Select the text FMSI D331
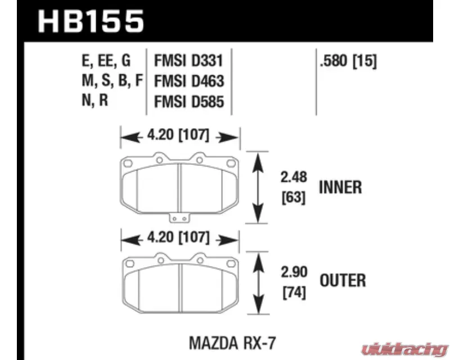pos(188,60)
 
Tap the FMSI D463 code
pos(188,82)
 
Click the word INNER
pos(340,187)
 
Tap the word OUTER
pos(342,280)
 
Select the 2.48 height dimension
pos(294,178)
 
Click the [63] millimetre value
pos(294,198)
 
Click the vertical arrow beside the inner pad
pos(258,188)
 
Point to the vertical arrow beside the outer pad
pos(258,280)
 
